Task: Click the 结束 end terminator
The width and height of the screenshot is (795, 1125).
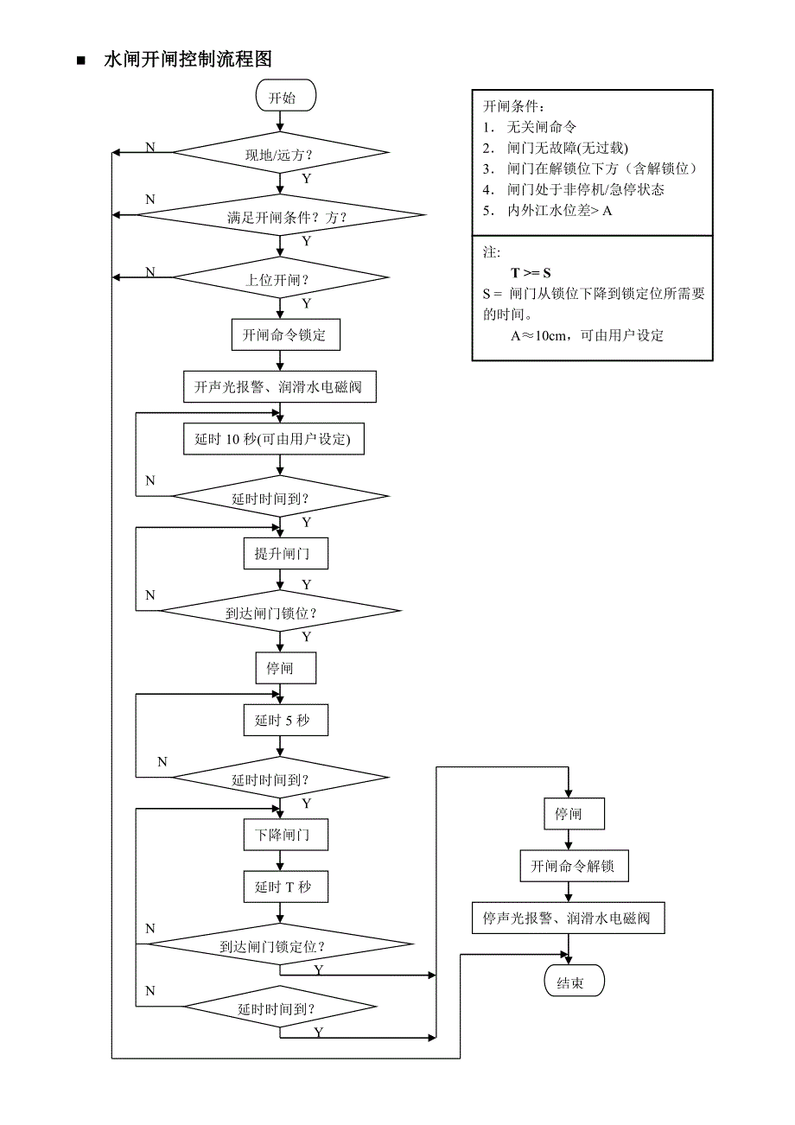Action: pyautogui.click(x=570, y=982)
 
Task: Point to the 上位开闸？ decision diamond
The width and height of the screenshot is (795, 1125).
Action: pyautogui.click(x=280, y=278)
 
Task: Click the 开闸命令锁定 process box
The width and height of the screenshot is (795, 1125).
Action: pyautogui.click(x=285, y=334)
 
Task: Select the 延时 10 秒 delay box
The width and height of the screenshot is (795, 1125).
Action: pyautogui.click(x=274, y=439)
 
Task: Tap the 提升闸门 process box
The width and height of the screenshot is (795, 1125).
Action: pyautogui.click(x=286, y=553)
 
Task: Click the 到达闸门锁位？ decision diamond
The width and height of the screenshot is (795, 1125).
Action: pyautogui.click(x=280, y=612)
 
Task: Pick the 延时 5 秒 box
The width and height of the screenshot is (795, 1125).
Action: pyautogui.click(x=286, y=720)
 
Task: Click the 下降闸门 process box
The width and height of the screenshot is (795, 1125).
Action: pyautogui.click(x=286, y=836)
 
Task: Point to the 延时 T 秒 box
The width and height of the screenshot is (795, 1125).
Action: pyautogui.click(x=286, y=887)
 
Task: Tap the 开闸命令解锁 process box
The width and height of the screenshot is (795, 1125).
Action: pyautogui.click(x=574, y=865)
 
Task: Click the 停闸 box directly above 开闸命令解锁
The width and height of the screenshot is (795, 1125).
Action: pyautogui.click(x=569, y=814)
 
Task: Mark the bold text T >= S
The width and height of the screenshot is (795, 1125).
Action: pyautogui.click(x=531, y=273)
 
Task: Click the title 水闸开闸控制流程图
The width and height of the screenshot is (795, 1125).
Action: pyautogui.click(x=188, y=60)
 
